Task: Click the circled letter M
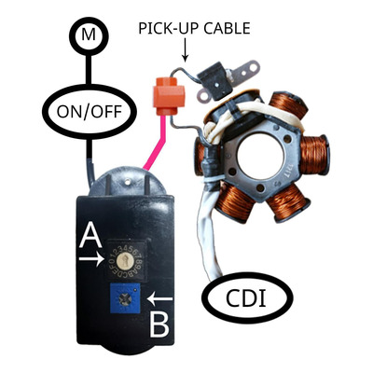(89, 36)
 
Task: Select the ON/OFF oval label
(90, 112)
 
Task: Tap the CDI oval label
(247, 297)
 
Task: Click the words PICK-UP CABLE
(194, 29)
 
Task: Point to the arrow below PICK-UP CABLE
(186, 50)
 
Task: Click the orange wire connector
(169, 96)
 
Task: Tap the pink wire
(157, 142)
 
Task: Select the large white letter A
(90, 236)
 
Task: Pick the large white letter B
(159, 325)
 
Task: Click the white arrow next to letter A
(91, 258)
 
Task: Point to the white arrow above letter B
(159, 299)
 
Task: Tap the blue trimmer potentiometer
(125, 298)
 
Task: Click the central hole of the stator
(260, 156)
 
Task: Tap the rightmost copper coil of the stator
(314, 155)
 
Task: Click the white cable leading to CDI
(208, 236)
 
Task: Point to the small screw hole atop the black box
(128, 180)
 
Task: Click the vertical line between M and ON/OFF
(89, 70)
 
